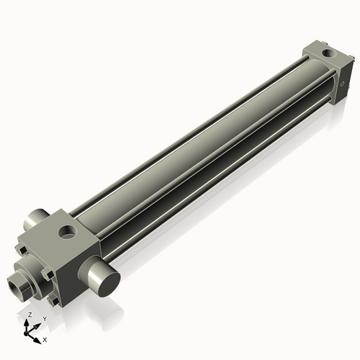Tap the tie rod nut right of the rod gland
click(x=48, y=275)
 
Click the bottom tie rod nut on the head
click(x=53, y=301)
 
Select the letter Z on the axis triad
click(x=29, y=315)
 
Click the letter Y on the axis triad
click(x=45, y=318)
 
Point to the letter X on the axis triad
click(x=45, y=338)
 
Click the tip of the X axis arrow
click(x=39, y=337)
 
